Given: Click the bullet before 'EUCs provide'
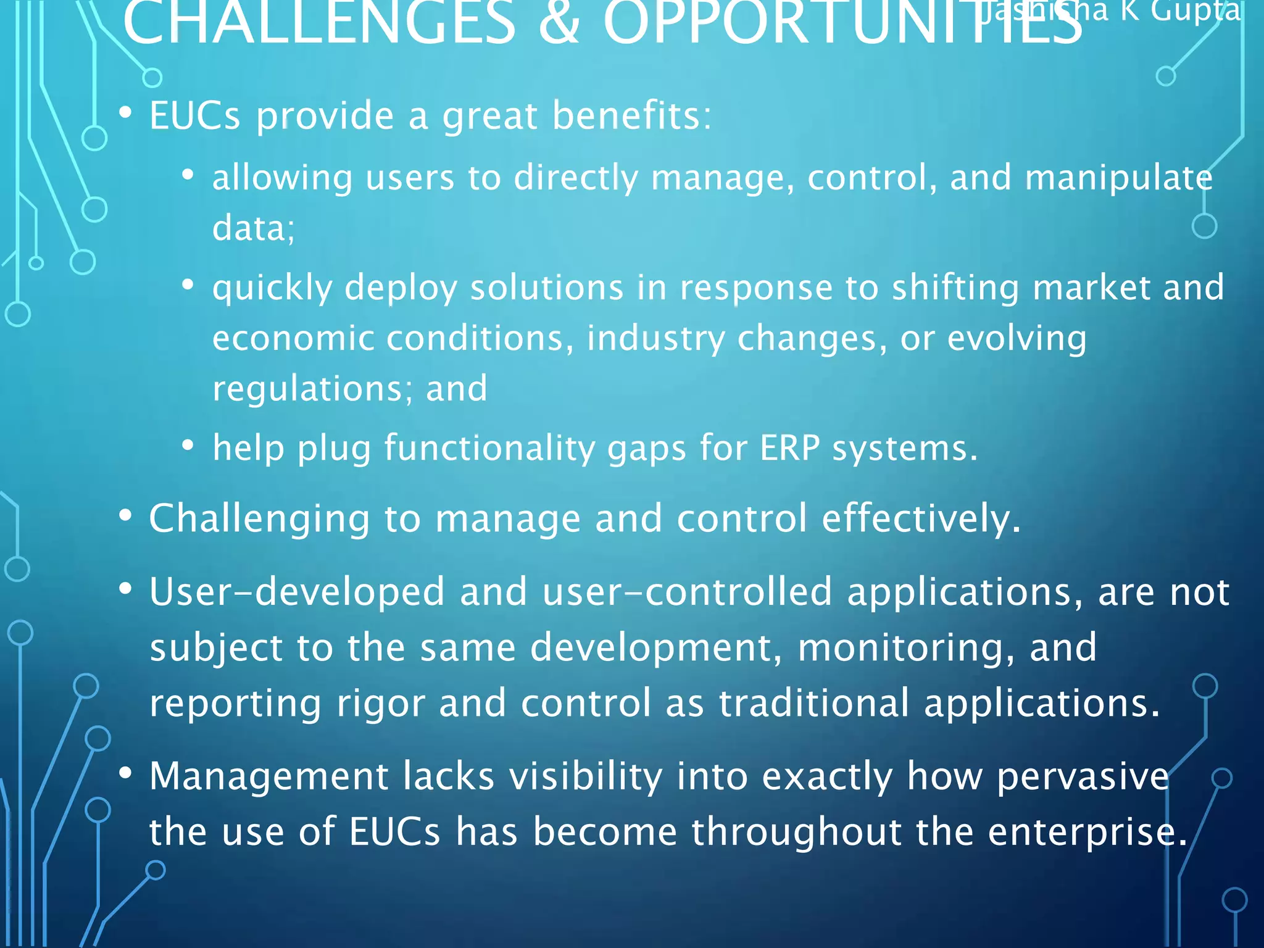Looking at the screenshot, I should point(126,113).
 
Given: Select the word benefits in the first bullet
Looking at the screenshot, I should point(632,115).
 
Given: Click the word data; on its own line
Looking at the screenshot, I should point(254,228).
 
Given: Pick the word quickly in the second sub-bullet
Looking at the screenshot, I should point(272,288).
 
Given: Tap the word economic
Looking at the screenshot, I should point(293,338).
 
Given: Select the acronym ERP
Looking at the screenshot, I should point(789,448).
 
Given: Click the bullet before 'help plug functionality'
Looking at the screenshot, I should point(188,445).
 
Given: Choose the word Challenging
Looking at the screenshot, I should point(259,518).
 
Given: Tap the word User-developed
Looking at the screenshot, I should point(296,591).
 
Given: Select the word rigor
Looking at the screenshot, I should point(380,704).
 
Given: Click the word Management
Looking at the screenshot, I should point(268,776).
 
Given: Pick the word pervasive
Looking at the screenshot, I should point(1083,776).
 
